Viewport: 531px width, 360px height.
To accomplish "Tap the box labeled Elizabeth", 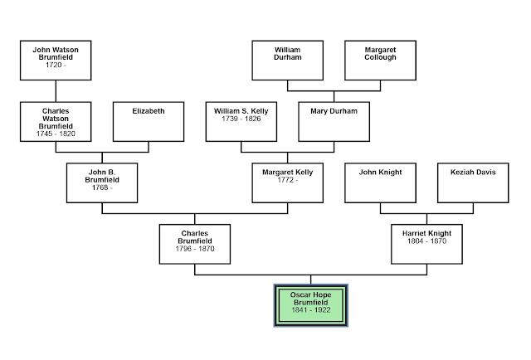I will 148,121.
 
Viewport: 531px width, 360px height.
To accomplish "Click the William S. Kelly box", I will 241,121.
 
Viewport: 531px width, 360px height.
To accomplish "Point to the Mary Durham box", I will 334,121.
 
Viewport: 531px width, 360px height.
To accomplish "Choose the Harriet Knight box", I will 426,244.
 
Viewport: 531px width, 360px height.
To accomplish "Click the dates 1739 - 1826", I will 241,118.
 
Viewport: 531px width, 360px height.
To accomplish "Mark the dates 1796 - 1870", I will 194,248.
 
